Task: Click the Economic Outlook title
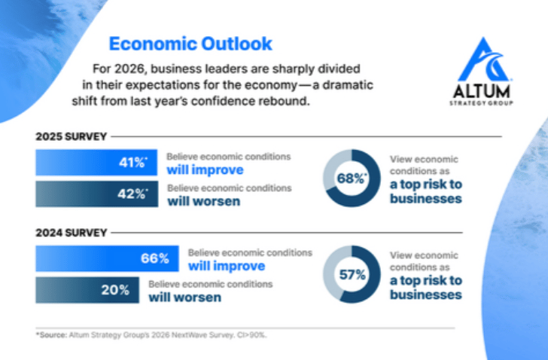coord(190,43)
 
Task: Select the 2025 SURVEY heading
coord(72,137)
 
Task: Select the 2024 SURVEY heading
coord(72,233)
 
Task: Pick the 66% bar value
coord(154,259)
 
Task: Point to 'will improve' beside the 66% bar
coord(226,266)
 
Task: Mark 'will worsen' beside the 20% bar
coord(185,297)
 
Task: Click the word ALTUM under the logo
coord(485,91)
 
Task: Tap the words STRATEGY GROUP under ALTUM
coord(485,102)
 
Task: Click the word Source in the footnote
coord(54,334)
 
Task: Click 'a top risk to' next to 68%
coord(425,186)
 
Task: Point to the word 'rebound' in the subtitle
coord(288,100)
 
